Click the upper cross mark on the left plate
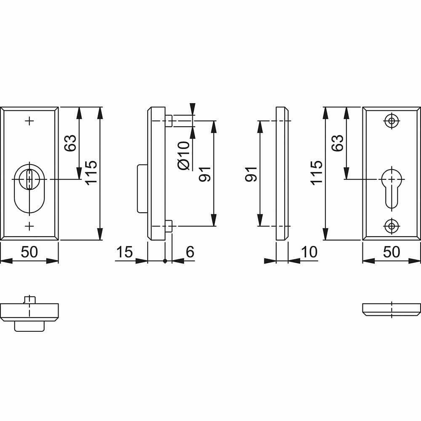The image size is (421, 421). coord(29,121)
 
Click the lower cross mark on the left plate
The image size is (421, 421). coord(29,226)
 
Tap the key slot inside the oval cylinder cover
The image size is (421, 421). coord(29,179)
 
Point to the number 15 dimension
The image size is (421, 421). coord(124,252)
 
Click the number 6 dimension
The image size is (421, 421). coord(190,252)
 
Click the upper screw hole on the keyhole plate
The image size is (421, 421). coord(392,121)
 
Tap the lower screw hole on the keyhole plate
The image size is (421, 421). coord(392,226)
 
